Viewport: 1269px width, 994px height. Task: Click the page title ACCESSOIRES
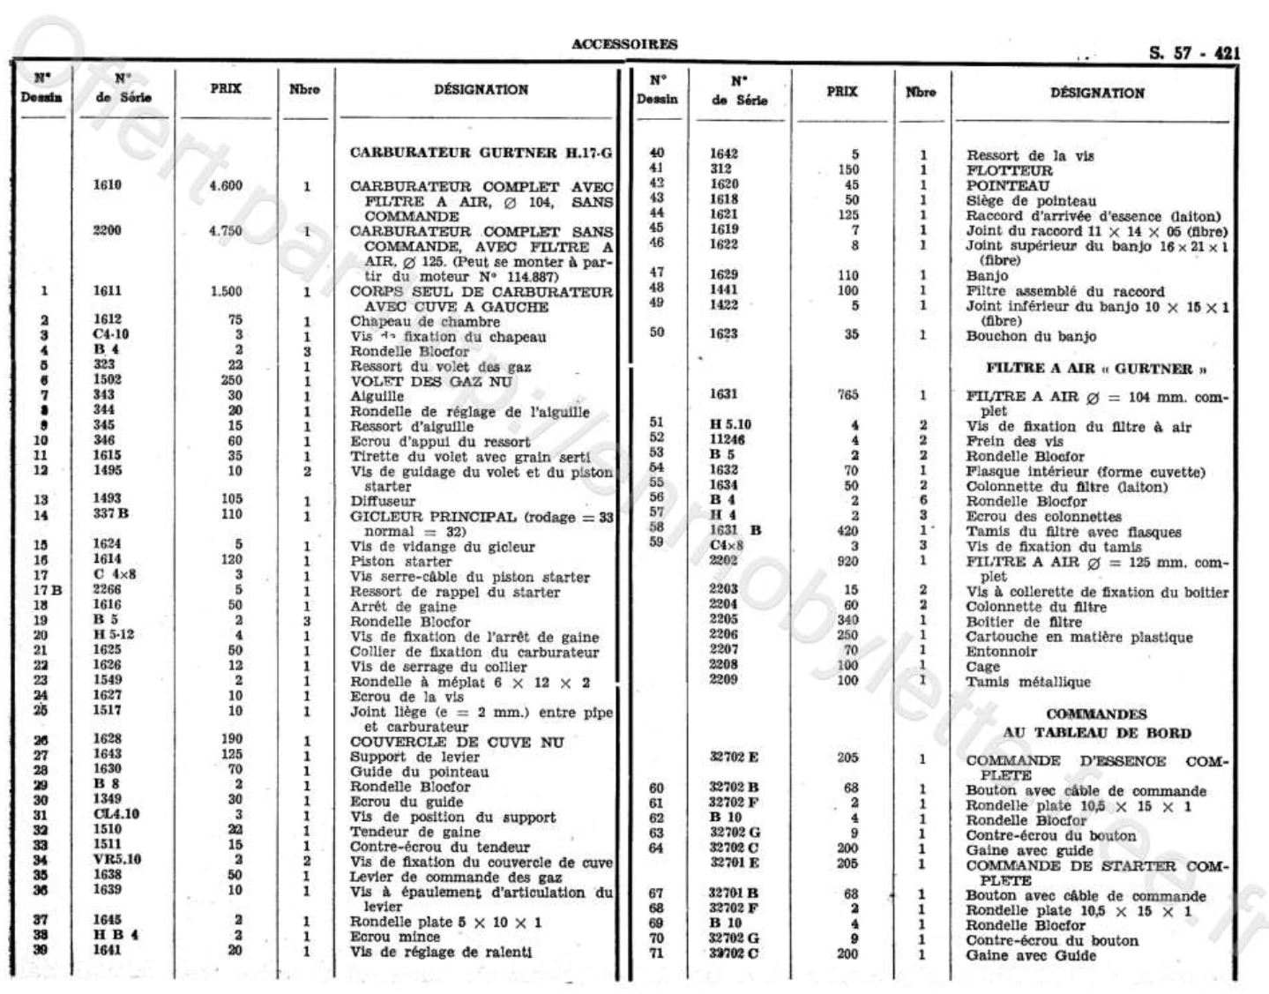624,44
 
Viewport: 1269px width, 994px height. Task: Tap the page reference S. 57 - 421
1194,53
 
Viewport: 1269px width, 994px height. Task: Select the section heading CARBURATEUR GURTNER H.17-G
481,153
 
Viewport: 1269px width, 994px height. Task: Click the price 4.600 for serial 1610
226,185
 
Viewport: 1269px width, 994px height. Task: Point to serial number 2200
108,230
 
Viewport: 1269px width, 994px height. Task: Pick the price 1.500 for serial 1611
226,291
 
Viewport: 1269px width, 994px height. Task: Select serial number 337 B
111,514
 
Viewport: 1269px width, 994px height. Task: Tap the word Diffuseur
383,501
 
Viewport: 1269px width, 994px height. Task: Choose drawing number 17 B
47,590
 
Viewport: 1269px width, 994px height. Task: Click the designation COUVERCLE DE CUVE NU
456,742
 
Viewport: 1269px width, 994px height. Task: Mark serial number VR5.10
116,859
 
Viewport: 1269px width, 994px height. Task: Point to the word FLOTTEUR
1009,170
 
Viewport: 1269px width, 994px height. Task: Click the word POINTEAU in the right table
1007,185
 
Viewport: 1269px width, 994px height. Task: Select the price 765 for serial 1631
848,395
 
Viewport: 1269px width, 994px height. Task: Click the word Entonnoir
1002,652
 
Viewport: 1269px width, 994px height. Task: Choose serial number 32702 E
734,757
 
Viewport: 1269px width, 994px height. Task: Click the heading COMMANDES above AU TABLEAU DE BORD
1096,714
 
